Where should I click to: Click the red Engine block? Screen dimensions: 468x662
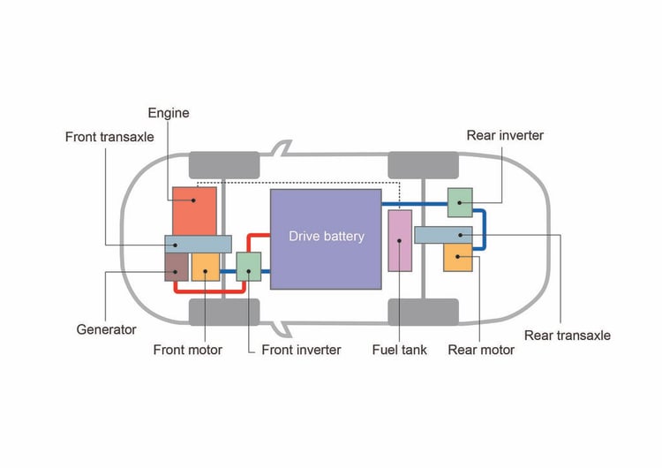194,210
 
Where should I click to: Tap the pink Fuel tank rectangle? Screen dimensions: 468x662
401,241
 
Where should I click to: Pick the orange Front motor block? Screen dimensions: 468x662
206,267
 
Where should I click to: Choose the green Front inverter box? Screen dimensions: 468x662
249,266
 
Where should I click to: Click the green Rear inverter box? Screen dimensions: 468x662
460,202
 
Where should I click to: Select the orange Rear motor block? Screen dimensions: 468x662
458,258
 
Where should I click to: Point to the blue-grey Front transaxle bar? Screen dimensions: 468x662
198,244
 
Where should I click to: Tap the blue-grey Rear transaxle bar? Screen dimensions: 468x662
443,235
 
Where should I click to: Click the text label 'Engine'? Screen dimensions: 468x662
168,113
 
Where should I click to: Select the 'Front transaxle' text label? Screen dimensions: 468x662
109,137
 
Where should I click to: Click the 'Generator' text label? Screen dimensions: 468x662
106,329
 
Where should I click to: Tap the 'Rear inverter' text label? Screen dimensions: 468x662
505,135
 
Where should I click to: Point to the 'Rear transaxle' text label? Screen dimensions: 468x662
568,335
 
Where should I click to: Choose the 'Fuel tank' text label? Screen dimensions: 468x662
399,350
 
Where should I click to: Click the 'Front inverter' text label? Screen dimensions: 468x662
301,350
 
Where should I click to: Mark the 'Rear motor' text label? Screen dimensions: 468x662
481,350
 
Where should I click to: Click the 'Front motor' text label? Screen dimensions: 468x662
188,350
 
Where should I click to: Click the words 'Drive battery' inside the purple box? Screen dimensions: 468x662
326,236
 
